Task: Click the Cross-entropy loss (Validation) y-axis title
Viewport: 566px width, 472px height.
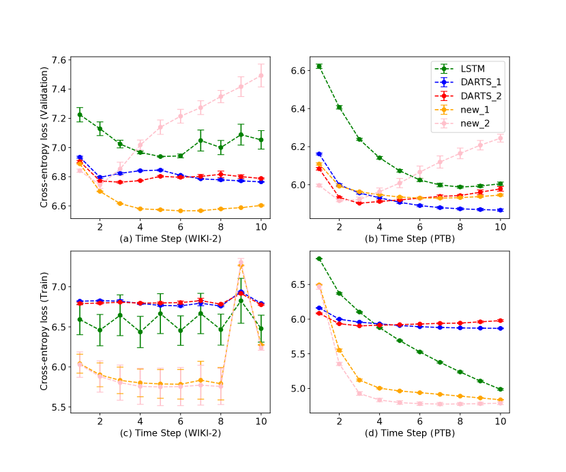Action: [44, 133]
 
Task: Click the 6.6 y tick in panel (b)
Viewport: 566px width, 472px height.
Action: [296, 70]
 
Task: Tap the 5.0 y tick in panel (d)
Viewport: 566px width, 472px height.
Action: [296, 389]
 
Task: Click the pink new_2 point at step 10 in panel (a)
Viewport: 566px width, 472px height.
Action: [260, 75]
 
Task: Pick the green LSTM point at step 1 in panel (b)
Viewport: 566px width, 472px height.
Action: [319, 66]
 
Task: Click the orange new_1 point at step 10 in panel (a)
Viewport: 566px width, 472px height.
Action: [260, 205]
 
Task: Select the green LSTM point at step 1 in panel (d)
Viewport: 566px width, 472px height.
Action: [319, 259]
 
